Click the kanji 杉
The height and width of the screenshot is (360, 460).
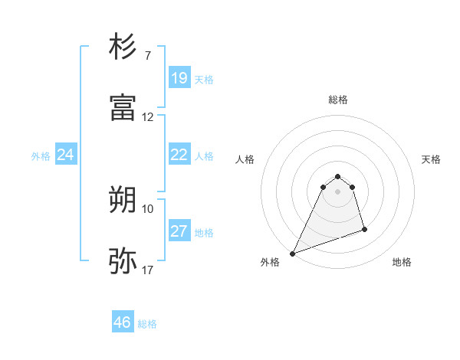[123, 47]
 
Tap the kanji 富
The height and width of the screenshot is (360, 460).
[123, 108]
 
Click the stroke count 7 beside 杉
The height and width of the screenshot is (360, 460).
[147, 57]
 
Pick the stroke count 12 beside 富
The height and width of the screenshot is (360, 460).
[148, 117]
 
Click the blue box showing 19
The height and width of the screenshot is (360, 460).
[179, 78]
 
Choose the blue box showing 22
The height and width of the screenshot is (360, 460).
[179, 155]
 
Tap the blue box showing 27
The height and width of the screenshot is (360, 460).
[179, 231]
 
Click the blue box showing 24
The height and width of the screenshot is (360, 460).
[65, 155]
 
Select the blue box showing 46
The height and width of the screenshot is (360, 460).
[122, 322]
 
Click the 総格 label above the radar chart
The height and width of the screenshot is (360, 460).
[338, 100]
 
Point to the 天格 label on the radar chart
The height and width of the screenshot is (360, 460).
[431, 159]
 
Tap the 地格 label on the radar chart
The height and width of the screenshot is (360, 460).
[402, 262]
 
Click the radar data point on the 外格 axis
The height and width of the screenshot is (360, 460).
[292, 254]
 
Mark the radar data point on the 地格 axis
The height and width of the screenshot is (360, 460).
[364, 229]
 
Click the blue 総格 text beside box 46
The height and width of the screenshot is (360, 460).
[147, 324]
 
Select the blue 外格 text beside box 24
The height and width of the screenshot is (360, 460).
[41, 156]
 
